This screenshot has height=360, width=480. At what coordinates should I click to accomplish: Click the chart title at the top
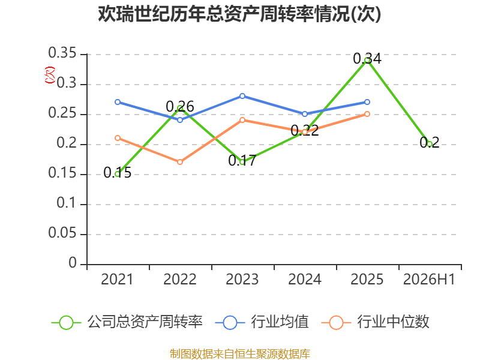pyautogui.click(x=239, y=14)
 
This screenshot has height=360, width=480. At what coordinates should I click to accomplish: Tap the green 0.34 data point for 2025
pyautogui.click(x=367, y=61)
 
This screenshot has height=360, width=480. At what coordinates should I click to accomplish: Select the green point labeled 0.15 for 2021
pyautogui.click(x=118, y=174)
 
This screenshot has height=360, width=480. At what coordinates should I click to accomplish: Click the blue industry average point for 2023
pyautogui.click(x=242, y=96)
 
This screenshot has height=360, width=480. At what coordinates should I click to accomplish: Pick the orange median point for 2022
pyautogui.click(x=180, y=162)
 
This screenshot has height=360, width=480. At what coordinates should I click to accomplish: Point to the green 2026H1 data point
pyautogui.click(x=430, y=144)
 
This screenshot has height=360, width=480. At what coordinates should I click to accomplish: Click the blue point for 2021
pyautogui.click(x=118, y=102)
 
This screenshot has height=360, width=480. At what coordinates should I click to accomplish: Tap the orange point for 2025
pyautogui.click(x=367, y=114)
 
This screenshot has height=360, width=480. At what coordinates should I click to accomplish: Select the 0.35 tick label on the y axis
pyautogui.click(x=62, y=53)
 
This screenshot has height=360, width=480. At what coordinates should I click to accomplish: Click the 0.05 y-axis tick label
pyautogui.click(x=62, y=233)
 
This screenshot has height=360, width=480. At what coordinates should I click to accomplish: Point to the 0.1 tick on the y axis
pyautogui.click(x=67, y=203)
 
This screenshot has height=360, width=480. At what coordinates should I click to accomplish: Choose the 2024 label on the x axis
pyautogui.click(x=305, y=280)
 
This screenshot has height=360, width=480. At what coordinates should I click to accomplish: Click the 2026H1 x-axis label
pyautogui.click(x=429, y=280)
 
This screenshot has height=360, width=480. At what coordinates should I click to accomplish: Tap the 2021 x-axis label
pyautogui.click(x=117, y=280)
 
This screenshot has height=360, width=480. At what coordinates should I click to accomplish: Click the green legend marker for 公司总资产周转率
pyautogui.click(x=66, y=323)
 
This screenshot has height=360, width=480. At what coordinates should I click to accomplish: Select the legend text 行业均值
pyautogui.click(x=280, y=322)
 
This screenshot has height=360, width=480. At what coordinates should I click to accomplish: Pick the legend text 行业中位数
pyautogui.click(x=394, y=322)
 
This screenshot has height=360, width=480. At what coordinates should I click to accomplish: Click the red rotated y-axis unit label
pyautogui.click(x=50, y=75)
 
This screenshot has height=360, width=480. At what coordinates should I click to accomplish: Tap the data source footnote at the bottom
pyautogui.click(x=240, y=354)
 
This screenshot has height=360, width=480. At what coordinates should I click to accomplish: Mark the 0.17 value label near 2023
pyautogui.click(x=242, y=161)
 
